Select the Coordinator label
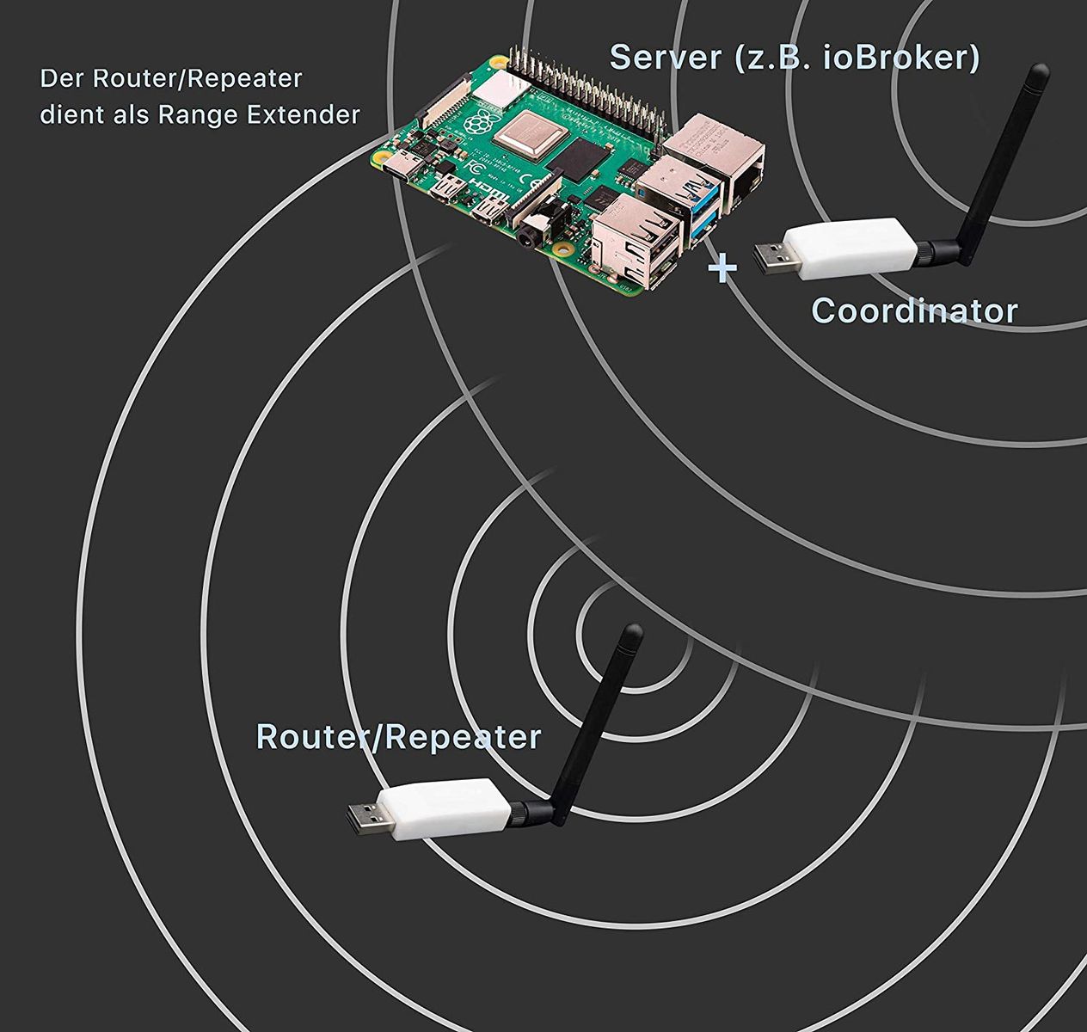914,310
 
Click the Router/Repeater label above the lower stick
399,737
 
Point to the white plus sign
722,268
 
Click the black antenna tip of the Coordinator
1040,73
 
